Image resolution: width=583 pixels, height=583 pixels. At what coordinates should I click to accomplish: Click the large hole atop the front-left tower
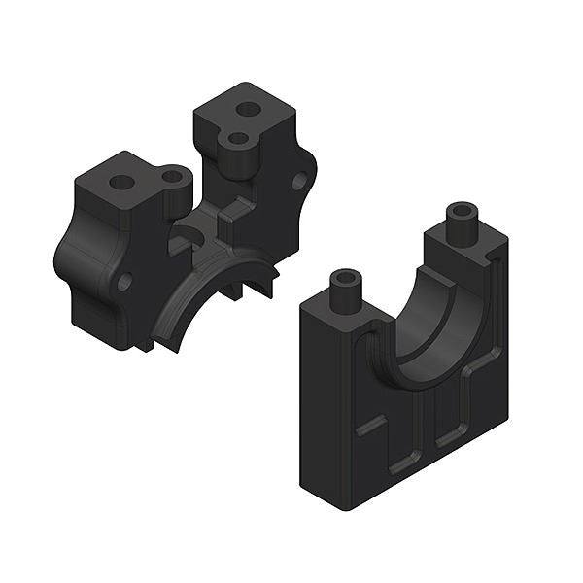[x=120, y=182]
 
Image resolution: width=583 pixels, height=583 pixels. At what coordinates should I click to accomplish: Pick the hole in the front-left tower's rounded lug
[x=174, y=177]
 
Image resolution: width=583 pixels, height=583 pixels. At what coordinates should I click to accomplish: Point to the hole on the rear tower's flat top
[x=250, y=110]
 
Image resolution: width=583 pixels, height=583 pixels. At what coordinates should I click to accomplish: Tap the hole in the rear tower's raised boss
[x=237, y=139]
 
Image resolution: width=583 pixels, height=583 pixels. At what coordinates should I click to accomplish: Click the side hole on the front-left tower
[x=124, y=281]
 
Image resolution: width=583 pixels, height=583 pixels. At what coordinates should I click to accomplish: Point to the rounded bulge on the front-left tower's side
[x=73, y=255]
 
